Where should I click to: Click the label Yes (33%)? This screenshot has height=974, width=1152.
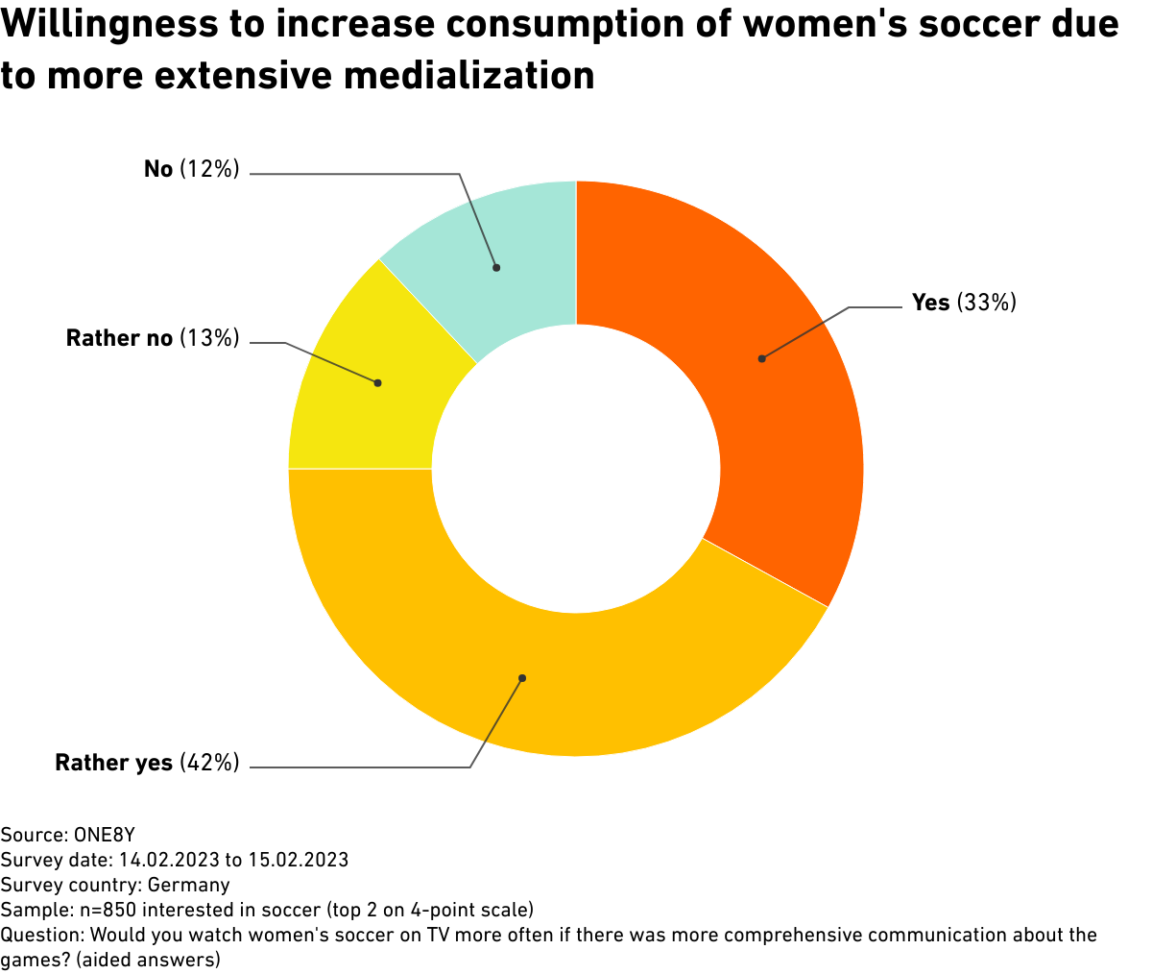(x=963, y=303)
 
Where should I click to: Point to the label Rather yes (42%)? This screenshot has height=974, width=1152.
(x=147, y=763)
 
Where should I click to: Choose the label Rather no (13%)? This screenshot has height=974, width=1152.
(x=152, y=337)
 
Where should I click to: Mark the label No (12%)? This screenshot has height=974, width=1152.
(x=191, y=169)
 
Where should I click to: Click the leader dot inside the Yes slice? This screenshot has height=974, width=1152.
(x=761, y=358)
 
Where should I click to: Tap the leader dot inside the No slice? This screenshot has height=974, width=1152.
(x=496, y=267)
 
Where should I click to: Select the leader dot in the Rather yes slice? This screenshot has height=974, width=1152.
(x=522, y=678)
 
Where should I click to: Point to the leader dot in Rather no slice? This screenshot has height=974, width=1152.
(x=377, y=382)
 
